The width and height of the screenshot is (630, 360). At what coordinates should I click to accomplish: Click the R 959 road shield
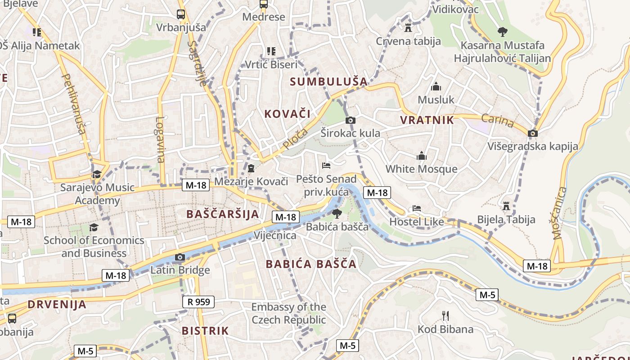tap(198, 301)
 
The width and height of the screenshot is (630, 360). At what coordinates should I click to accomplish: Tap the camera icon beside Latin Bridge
tap(180, 257)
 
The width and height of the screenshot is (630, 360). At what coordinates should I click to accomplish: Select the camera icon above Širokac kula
tap(350, 120)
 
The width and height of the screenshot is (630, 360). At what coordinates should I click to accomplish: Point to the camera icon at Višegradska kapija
tap(533, 133)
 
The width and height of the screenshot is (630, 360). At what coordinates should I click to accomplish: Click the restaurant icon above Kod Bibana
tap(445, 315)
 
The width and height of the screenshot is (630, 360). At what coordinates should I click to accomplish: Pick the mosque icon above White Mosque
tap(422, 156)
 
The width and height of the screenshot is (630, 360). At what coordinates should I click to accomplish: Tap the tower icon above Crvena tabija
tap(408, 28)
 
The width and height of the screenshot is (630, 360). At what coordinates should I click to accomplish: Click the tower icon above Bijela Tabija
tap(506, 206)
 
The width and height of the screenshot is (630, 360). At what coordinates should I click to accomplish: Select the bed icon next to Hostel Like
tap(417, 208)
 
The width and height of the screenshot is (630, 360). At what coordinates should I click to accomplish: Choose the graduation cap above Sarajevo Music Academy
tap(97, 174)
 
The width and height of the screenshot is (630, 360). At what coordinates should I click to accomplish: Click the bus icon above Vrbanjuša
tap(181, 14)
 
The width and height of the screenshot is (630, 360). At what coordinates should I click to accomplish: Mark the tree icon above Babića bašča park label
tap(337, 214)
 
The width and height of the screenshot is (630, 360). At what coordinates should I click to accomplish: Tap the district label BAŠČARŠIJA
tap(223, 214)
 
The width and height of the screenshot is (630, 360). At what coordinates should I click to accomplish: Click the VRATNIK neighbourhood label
tap(427, 120)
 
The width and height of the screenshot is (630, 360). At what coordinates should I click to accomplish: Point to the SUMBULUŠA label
tap(328, 81)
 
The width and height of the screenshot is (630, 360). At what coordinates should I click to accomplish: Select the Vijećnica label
tap(275, 235)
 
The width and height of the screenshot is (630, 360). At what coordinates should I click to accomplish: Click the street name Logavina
tap(160, 139)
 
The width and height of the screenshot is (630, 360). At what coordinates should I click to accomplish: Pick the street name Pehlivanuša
tap(75, 104)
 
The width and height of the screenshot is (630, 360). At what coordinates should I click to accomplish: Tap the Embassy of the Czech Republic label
tap(288, 313)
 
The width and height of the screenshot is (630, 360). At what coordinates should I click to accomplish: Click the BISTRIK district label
tap(205, 331)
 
